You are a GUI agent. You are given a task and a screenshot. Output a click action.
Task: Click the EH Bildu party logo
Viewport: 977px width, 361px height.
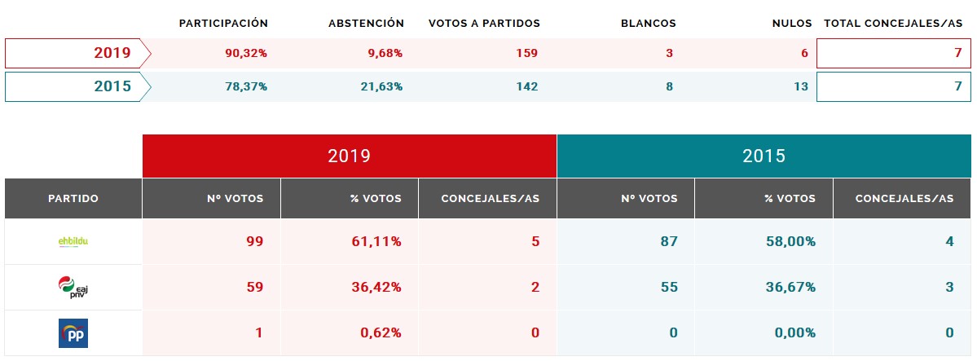point(73,242)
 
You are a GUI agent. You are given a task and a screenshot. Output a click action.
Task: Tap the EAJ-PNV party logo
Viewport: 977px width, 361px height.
point(73,288)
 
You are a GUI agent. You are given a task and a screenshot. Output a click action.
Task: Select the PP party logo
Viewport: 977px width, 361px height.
point(73,333)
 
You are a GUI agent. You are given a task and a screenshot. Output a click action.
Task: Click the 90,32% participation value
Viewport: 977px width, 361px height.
point(246,54)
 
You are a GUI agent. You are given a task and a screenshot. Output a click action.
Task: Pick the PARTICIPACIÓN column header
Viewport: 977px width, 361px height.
point(223,24)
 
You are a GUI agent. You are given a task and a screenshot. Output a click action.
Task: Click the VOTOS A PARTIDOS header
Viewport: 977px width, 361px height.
point(484,24)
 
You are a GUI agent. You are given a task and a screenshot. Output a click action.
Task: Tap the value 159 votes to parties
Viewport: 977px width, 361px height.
point(526,54)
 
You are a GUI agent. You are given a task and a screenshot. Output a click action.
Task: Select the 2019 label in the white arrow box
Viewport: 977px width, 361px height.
point(112,54)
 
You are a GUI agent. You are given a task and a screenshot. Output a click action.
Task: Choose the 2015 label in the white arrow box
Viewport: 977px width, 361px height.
point(112,86)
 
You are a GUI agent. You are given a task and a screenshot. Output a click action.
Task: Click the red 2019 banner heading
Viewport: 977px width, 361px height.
point(349,156)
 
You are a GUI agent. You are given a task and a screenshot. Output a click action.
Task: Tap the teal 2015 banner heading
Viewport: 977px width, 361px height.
point(764,156)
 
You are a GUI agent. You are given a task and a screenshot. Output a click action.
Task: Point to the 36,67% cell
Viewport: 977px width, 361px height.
point(794,288)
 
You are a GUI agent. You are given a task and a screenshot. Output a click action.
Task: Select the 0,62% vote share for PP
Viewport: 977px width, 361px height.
point(381,333)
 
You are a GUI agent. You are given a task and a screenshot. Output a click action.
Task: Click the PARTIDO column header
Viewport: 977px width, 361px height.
point(73,198)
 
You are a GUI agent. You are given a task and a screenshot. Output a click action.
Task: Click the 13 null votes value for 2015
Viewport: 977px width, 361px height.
point(800,86)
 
